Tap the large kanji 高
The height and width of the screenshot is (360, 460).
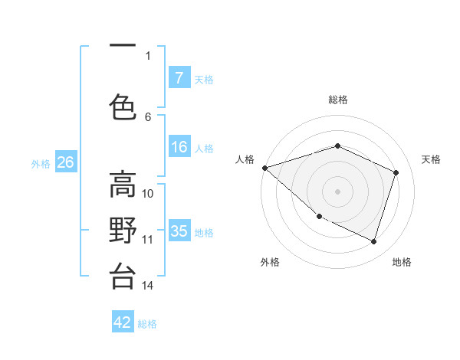pos(123,185)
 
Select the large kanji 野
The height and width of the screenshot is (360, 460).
pos(123,231)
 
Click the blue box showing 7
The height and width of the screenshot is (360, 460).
pos(179,78)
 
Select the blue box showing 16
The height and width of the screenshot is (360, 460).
pos(179,147)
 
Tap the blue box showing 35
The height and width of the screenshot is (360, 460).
pos(179,231)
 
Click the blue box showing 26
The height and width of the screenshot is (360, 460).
pos(65,162)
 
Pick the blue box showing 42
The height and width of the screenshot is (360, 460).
pos(123,322)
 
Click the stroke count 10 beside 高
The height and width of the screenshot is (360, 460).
pos(148,193)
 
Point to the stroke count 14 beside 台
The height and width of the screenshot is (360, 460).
pos(148,286)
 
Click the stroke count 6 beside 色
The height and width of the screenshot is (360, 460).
pos(148,116)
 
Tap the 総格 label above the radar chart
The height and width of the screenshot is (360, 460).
pos(337,100)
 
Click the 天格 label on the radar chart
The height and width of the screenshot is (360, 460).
pos(431,159)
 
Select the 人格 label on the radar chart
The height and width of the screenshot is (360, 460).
pos(245,159)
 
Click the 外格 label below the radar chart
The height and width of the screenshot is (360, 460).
pos(270,262)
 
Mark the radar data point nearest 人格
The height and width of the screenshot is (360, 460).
pos(264,168)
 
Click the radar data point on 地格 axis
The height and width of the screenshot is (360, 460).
pos(373,241)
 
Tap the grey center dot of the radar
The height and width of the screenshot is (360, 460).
pos(337,191)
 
